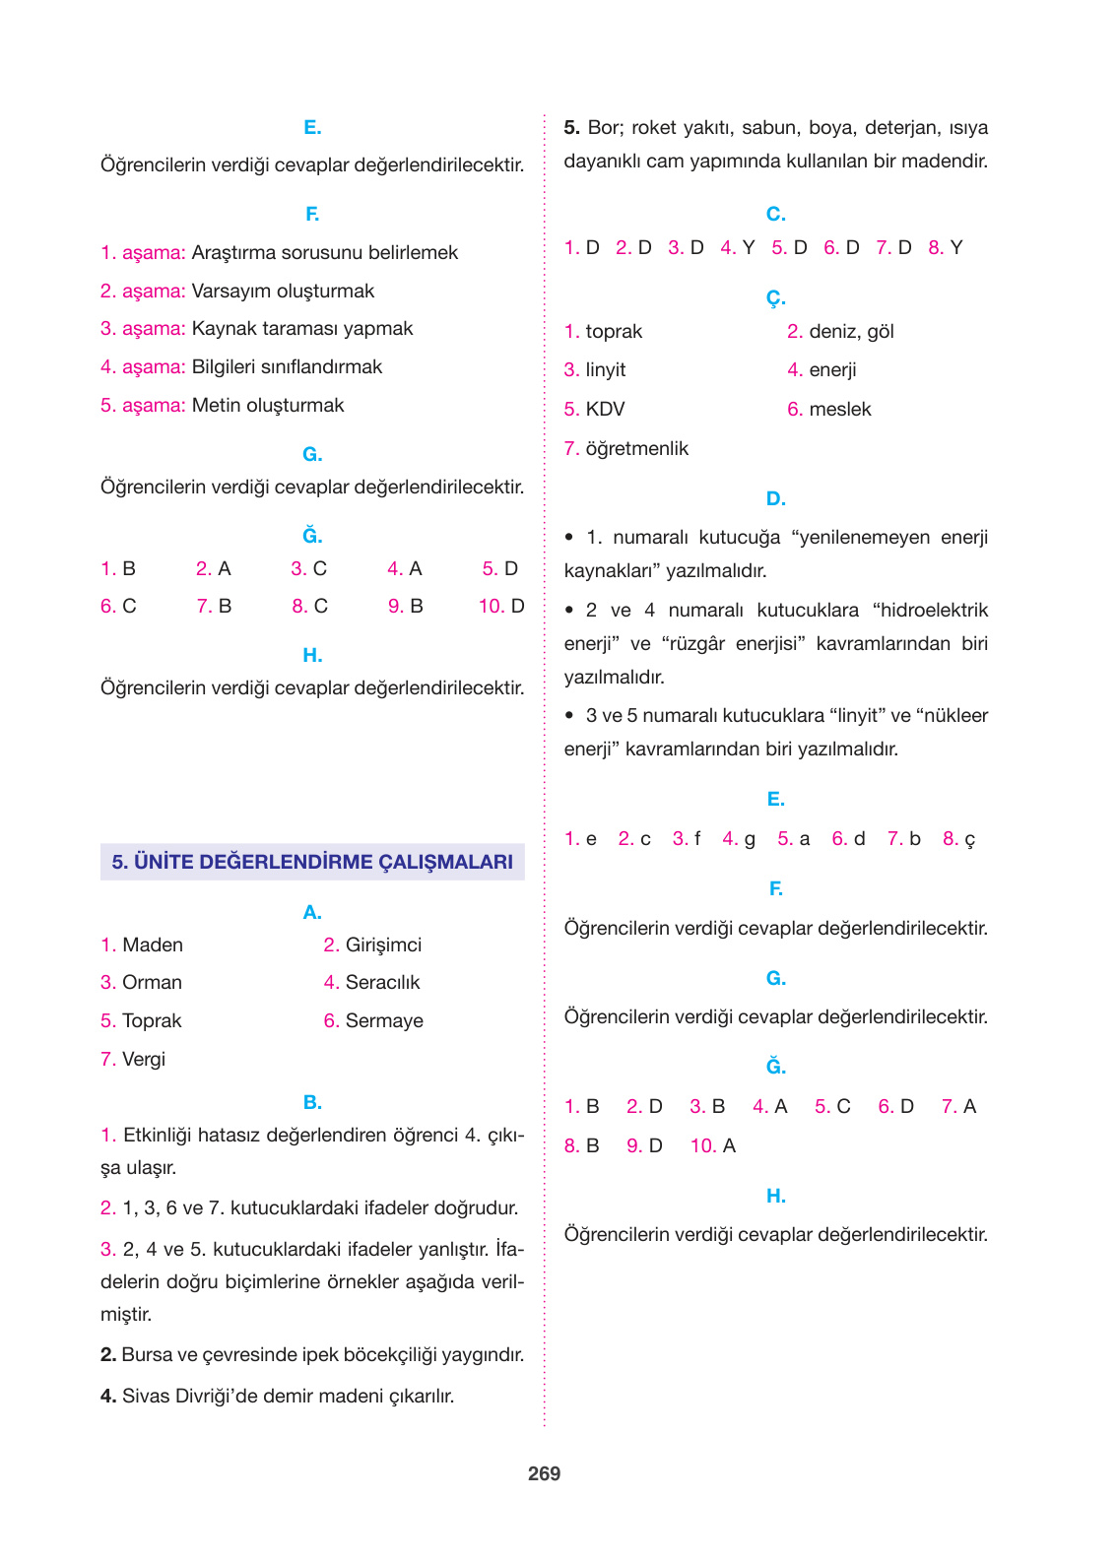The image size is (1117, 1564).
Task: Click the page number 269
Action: click(x=544, y=1473)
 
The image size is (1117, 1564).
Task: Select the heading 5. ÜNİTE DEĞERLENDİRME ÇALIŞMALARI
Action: click(x=312, y=862)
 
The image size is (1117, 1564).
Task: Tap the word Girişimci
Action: click(x=383, y=945)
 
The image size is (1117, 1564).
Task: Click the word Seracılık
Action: click(x=382, y=982)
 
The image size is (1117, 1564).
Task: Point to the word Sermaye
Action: click(x=384, y=1020)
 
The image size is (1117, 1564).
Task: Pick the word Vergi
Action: click(x=144, y=1059)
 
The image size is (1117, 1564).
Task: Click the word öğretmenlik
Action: click(x=636, y=448)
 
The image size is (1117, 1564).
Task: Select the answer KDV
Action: click(x=605, y=409)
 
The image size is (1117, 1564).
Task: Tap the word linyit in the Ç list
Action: click(x=606, y=369)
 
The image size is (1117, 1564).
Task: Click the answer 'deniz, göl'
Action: click(x=851, y=331)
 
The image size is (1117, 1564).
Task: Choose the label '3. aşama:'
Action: click(x=143, y=328)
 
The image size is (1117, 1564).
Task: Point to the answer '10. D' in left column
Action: click(x=501, y=606)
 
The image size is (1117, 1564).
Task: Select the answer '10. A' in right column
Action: click(x=713, y=1145)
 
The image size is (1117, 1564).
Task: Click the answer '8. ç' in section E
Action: click(x=958, y=838)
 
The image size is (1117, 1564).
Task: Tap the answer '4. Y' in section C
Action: click(x=738, y=247)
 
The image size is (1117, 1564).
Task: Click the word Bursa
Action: click(x=147, y=1354)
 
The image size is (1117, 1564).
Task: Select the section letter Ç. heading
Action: click(x=776, y=296)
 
